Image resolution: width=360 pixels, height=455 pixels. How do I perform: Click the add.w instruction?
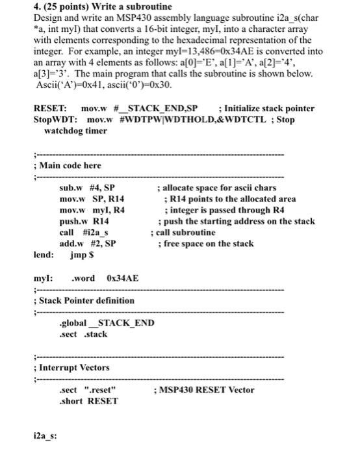[x=71, y=243]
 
